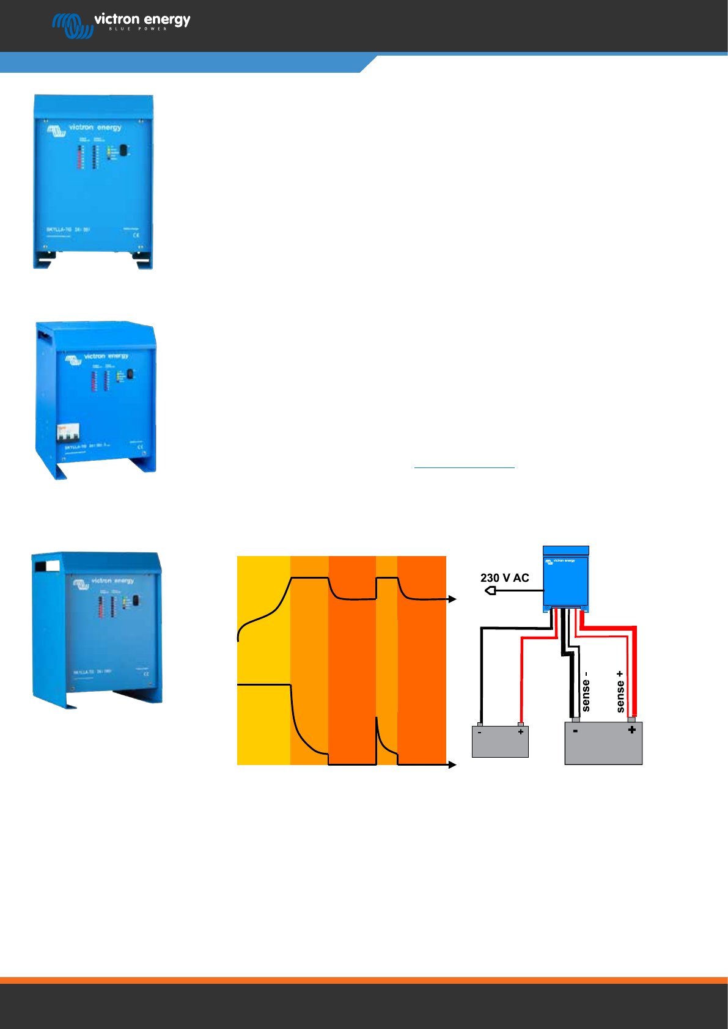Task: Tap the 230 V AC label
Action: tap(504, 577)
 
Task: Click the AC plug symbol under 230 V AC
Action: tap(490, 591)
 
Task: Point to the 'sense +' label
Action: tap(620, 692)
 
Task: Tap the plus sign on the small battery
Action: tap(520, 731)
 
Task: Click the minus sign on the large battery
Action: tap(575, 730)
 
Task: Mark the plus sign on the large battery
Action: tap(631, 730)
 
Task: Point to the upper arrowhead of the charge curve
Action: tap(452, 599)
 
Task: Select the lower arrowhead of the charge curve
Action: tap(452, 764)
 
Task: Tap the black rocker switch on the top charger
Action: tap(123, 150)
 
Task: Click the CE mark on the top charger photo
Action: tap(136, 235)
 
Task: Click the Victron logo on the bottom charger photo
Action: tap(81, 584)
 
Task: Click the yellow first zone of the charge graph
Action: tap(263, 660)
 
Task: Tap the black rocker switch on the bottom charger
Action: tap(136, 601)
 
